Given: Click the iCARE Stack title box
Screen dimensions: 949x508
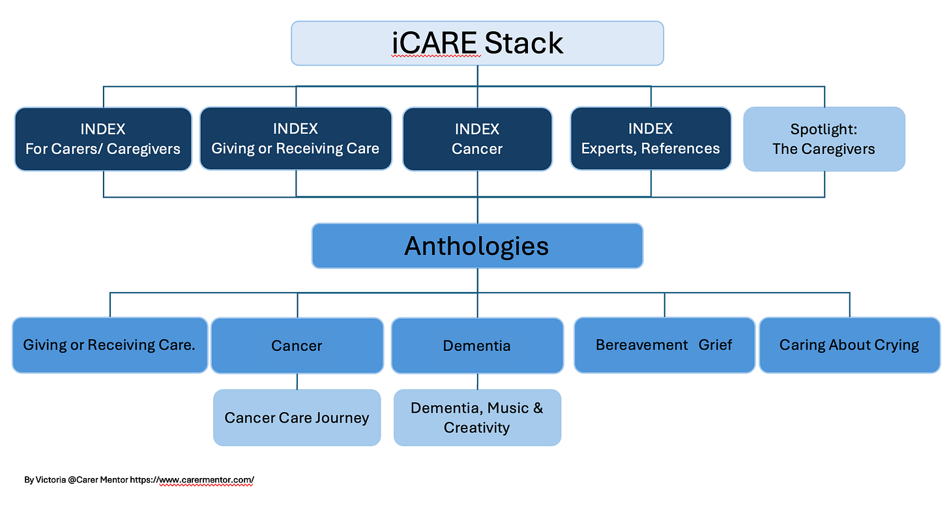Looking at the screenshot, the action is pyautogui.click(x=477, y=43).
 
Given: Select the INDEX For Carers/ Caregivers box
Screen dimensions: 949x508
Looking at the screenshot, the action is pyautogui.click(x=103, y=139).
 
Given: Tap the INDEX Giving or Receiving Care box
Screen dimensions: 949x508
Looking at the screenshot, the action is pyautogui.click(x=296, y=139).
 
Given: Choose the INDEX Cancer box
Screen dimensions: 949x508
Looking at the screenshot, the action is pyautogui.click(x=477, y=139).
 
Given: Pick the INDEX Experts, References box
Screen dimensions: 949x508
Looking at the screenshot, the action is pyautogui.click(x=650, y=139).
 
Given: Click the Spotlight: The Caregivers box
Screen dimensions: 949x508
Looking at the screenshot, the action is pyautogui.click(x=824, y=139).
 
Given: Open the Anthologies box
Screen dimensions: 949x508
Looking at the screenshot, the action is pyautogui.click(x=477, y=246).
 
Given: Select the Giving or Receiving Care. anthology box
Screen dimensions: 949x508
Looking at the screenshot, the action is pyautogui.click(x=109, y=345).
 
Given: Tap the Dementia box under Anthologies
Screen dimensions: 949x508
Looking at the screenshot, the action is pyautogui.click(x=477, y=346).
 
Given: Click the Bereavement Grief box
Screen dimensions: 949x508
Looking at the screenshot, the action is pyautogui.click(x=664, y=345).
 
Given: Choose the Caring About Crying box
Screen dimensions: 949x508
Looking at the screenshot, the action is pyautogui.click(x=849, y=345).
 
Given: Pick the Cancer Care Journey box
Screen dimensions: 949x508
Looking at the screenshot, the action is pyautogui.click(x=297, y=417).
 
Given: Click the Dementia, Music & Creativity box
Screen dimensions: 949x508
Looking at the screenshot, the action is pyautogui.click(x=477, y=417).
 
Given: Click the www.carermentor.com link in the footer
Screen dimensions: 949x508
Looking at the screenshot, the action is pyautogui.click(x=207, y=480).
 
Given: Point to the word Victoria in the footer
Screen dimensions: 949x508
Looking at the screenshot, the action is pyautogui.click(x=50, y=480).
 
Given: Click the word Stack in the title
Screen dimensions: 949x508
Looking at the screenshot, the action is pyautogui.click(x=523, y=43).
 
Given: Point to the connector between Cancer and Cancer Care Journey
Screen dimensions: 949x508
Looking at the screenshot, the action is pyautogui.click(x=297, y=381).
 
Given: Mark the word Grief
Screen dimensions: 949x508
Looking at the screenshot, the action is pyautogui.click(x=715, y=345).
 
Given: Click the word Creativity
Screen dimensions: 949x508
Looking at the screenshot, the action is pyautogui.click(x=476, y=427).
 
